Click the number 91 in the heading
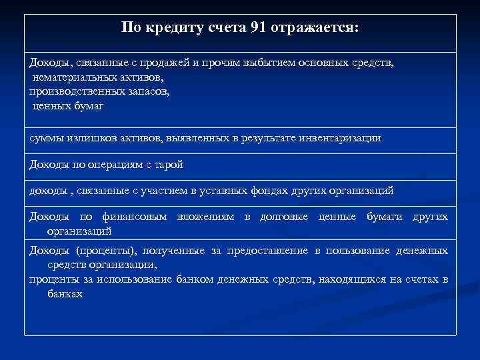(259, 28)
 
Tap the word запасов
(144, 91)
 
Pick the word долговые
(283, 217)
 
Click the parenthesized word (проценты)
(101, 251)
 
